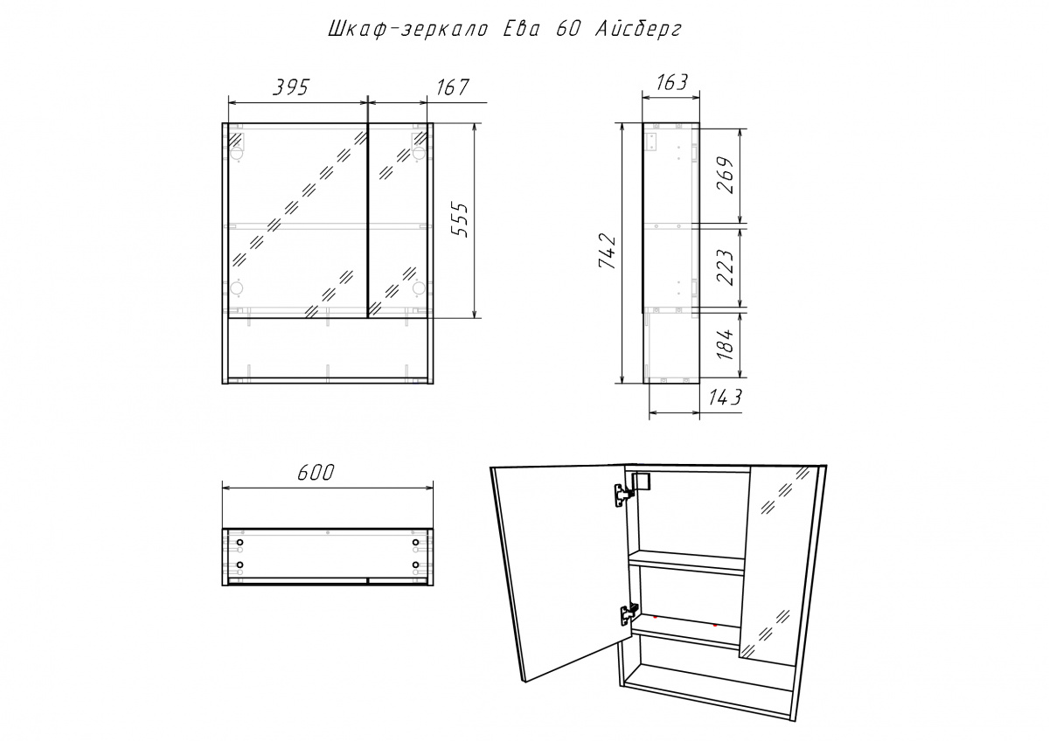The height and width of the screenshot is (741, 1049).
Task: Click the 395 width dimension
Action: [291, 87]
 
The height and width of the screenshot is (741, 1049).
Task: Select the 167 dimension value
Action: [453, 87]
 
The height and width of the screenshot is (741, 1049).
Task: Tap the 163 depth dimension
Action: [671, 82]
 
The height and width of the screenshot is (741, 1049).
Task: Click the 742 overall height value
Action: [607, 252]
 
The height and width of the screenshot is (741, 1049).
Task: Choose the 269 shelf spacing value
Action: [725, 175]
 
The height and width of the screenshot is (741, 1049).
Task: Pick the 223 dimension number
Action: [725, 267]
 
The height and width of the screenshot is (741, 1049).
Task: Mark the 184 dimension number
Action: [725, 344]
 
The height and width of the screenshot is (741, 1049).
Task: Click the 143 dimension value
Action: [725, 398]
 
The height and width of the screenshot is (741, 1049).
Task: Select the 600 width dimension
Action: [316, 473]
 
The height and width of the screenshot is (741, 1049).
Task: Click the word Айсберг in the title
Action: [638, 30]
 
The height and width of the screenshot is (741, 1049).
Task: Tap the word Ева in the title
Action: [521, 29]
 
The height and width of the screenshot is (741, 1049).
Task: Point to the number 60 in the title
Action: [568, 29]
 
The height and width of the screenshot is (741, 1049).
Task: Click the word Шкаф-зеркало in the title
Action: [408, 30]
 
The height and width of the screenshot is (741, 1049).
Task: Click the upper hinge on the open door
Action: [623, 495]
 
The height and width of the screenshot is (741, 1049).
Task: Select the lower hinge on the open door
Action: [629, 613]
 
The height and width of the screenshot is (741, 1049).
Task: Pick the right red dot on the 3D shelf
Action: [715, 625]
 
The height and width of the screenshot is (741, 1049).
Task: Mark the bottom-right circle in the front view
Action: [419, 287]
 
